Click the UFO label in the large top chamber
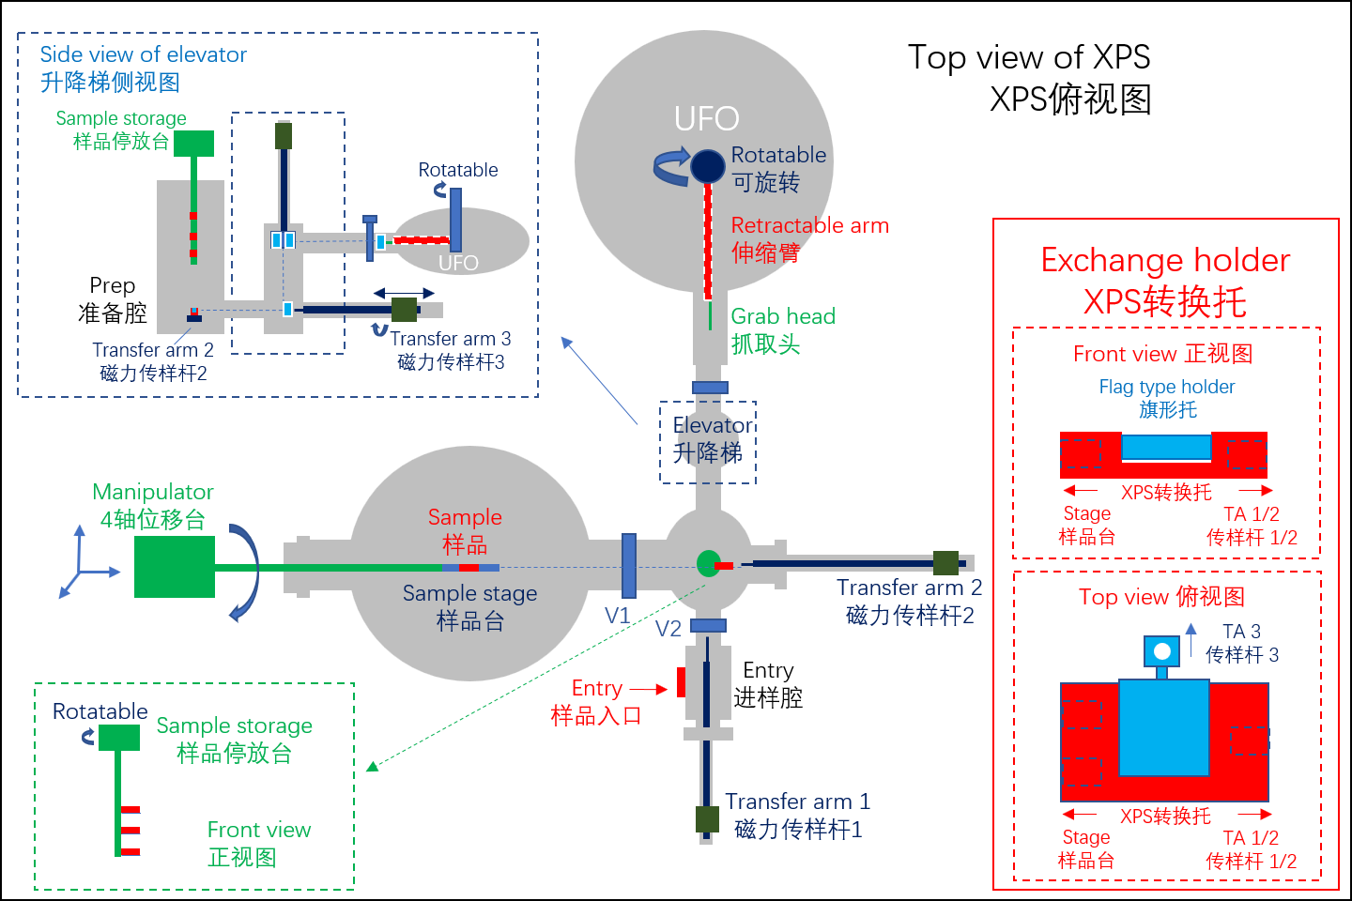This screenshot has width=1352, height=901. point(706,119)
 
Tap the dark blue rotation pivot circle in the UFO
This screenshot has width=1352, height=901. point(708,166)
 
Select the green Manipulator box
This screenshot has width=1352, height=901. point(175,567)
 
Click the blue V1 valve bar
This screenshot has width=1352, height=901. point(629,565)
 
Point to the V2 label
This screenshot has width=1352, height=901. point(668,629)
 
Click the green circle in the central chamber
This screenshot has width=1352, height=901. point(708,563)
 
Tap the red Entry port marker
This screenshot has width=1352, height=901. point(681,682)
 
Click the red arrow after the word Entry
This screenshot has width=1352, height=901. point(649,689)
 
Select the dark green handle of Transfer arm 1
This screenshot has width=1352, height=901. point(707,818)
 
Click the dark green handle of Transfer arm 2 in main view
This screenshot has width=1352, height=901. point(945,563)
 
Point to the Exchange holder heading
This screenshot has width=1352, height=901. point(1165,260)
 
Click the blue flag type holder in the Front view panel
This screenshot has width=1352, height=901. point(1166,447)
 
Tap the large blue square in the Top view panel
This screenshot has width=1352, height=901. point(1163,727)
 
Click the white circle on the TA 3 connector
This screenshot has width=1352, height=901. point(1162,650)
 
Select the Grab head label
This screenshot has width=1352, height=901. point(783,316)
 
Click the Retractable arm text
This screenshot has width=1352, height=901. point(809,225)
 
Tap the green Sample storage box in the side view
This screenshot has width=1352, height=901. point(193,143)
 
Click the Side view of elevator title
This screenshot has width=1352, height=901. point(143,54)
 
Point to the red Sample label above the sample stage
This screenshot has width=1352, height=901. point(465,517)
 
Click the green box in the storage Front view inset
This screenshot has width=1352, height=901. point(118,738)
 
